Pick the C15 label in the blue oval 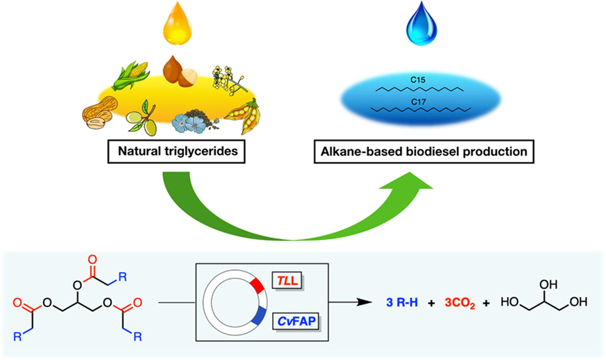click(418, 80)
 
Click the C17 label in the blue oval click(418, 102)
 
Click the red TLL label click(287, 280)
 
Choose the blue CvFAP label click(297, 321)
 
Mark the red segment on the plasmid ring click(258, 285)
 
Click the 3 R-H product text click(402, 302)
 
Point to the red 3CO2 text click(459, 303)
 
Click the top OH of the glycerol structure click(548, 284)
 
